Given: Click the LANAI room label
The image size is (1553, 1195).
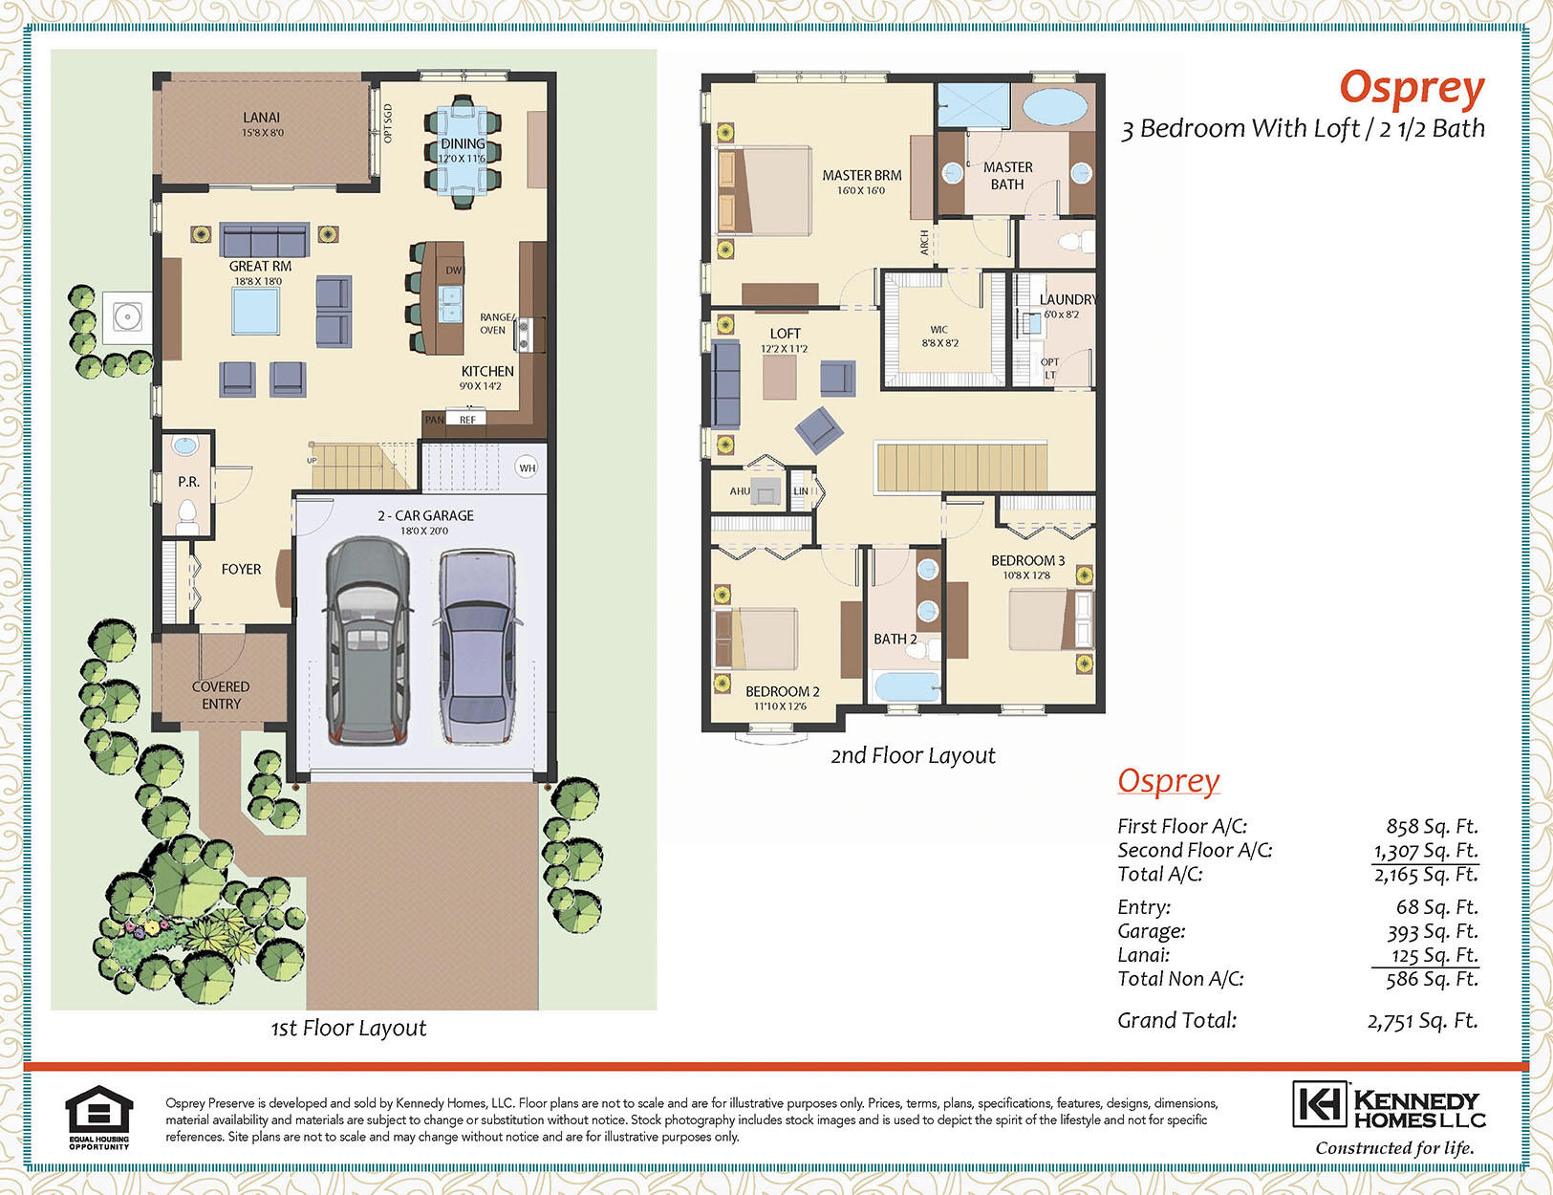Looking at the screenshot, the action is point(261,118).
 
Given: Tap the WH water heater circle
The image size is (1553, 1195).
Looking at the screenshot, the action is point(527,468).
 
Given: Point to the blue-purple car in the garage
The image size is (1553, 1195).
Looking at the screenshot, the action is point(478,647).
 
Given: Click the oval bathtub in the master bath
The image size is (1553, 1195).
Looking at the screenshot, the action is point(1055,107).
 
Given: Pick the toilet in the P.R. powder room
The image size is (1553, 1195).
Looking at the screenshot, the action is point(187,516).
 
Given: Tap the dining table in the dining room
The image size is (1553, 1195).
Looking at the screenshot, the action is point(463,150).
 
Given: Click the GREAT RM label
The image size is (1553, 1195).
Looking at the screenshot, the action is point(260,266).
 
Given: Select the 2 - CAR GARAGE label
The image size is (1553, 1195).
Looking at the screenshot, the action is point(425,515).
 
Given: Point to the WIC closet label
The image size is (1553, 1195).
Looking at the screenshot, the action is point(939,330).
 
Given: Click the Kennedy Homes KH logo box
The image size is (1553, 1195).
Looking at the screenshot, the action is point(1320,1104).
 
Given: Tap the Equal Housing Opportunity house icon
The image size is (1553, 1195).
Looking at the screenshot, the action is point(99,1109).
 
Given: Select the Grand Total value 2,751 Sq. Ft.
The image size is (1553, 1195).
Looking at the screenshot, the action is point(1422,1021).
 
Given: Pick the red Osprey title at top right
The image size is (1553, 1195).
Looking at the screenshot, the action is point(1412,89).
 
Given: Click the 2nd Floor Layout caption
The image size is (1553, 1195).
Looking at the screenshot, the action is point(913,755).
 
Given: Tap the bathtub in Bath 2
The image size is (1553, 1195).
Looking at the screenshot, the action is point(906,686).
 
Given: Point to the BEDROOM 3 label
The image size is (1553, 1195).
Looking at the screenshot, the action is point(1027,560).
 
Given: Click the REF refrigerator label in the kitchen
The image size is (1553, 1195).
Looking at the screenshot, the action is point(467,420).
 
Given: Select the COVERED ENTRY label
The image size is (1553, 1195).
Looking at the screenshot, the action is point(221,695).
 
